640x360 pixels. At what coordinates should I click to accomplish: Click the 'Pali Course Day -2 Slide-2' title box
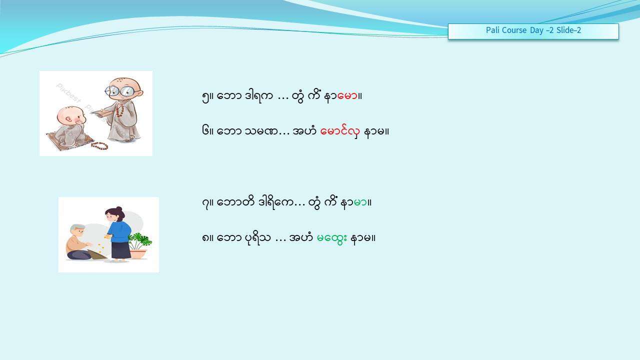point(533,31)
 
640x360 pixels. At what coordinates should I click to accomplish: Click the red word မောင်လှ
point(340,131)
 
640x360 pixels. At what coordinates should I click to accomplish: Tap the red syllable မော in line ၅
point(347,96)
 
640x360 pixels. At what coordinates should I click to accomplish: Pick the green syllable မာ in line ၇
point(360,203)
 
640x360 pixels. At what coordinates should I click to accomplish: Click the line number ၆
point(205,131)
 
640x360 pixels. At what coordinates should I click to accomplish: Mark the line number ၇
point(205,203)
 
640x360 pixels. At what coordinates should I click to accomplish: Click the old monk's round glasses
point(120,91)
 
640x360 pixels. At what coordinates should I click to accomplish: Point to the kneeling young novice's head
point(71,115)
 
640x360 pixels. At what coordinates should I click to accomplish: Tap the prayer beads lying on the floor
point(99,145)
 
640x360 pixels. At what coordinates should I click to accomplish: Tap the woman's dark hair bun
point(119,209)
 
